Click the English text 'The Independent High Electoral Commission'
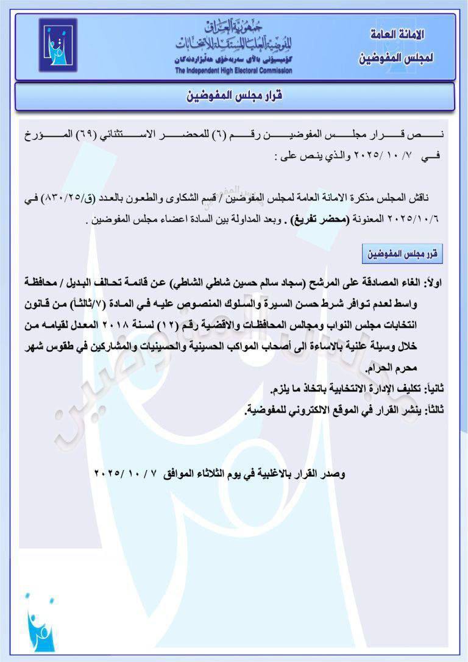[233, 71]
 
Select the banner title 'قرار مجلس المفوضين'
[235, 96]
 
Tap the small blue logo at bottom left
[38, 624]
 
